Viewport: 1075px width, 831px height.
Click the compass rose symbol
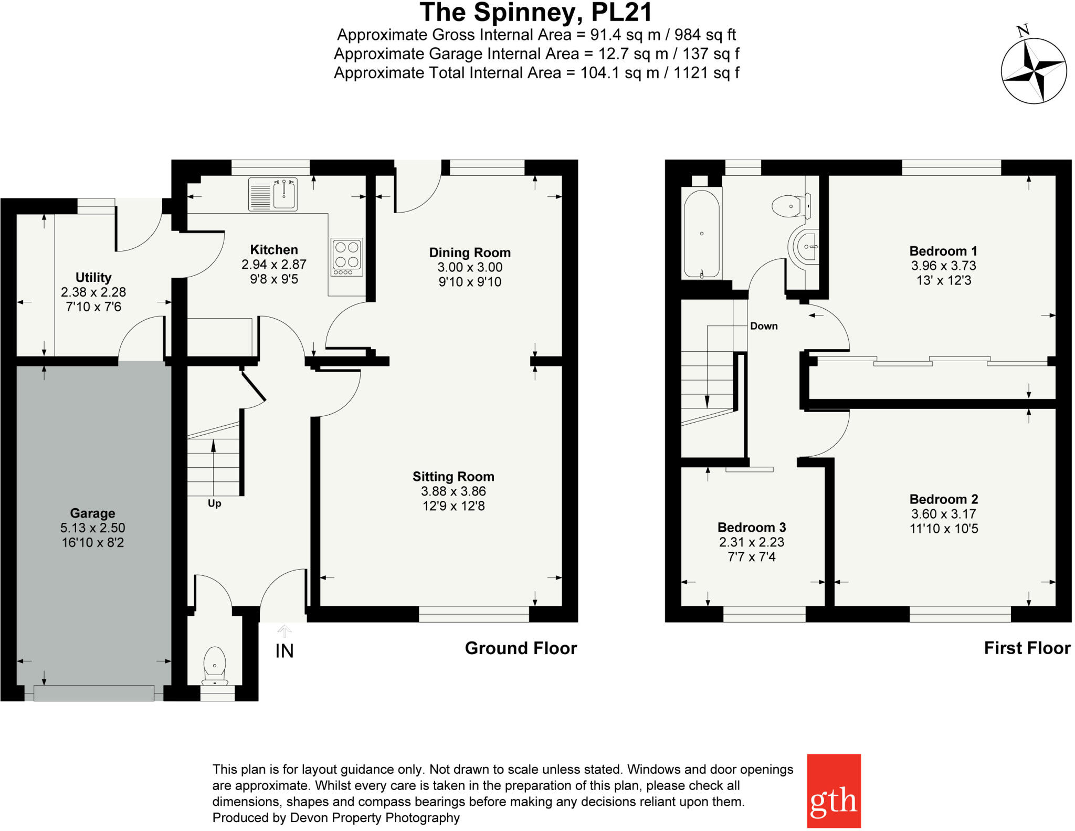pyautogui.click(x=1033, y=70)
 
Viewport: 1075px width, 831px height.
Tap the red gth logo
pyautogui.click(x=833, y=791)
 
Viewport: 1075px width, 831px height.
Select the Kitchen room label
pyautogui.click(x=273, y=250)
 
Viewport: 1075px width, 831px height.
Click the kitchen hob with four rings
pyautogui.click(x=347, y=257)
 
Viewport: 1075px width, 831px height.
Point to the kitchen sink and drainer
pyautogui.click(x=273, y=194)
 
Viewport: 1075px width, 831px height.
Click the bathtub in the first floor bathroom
pyautogui.click(x=701, y=234)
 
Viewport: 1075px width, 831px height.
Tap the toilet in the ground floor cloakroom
pyautogui.click(x=215, y=665)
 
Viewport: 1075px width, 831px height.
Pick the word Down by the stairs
pyautogui.click(x=764, y=326)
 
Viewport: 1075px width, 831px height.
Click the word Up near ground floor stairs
pyautogui.click(x=214, y=503)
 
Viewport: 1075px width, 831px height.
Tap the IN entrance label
pyautogui.click(x=284, y=651)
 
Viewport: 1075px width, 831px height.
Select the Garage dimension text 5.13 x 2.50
pyautogui.click(x=93, y=528)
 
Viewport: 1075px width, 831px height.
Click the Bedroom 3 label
pyautogui.click(x=751, y=527)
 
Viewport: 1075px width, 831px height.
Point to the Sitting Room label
pyautogui.click(x=453, y=477)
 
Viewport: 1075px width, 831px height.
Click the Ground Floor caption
pyautogui.click(x=521, y=648)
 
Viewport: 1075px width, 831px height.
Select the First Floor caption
pyautogui.click(x=1027, y=648)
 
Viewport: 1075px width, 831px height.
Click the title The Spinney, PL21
pyautogui.click(x=536, y=13)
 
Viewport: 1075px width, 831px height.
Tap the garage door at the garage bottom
pyautogui.click(x=93, y=693)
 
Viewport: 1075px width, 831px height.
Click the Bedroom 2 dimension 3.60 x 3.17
pyautogui.click(x=943, y=514)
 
